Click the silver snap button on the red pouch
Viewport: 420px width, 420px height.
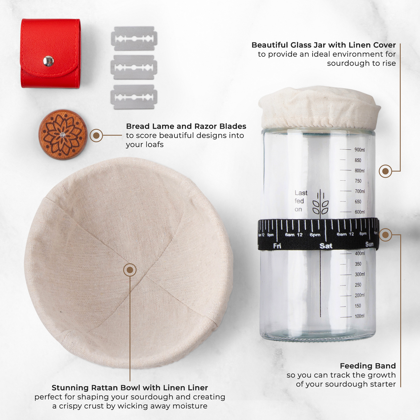click(48, 61)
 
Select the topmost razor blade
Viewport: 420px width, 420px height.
click(134, 39)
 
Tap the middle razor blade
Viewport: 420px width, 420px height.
click(134, 67)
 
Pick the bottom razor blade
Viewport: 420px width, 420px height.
click(134, 97)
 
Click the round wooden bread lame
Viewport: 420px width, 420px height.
click(63, 135)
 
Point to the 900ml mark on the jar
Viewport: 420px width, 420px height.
click(360, 150)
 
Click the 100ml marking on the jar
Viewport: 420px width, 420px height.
click(360, 316)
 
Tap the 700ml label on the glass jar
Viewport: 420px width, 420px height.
click(360, 191)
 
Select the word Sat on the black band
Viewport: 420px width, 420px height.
click(326, 246)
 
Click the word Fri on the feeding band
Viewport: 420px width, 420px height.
click(277, 246)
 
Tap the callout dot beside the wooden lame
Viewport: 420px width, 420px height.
click(96, 135)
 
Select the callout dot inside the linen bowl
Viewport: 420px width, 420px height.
click(130, 270)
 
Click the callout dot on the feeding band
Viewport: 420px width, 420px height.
click(385, 235)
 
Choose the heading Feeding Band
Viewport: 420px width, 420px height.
click(368, 366)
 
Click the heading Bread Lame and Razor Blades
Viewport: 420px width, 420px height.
click(186, 126)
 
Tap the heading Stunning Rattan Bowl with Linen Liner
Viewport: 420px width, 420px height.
click(130, 388)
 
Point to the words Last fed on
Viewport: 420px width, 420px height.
click(301, 201)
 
